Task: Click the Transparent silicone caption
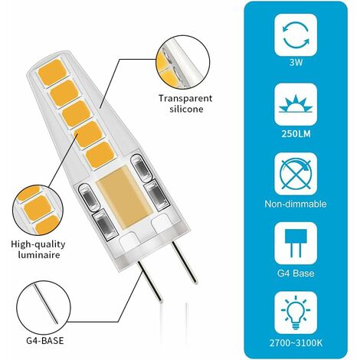(x=184, y=103)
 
